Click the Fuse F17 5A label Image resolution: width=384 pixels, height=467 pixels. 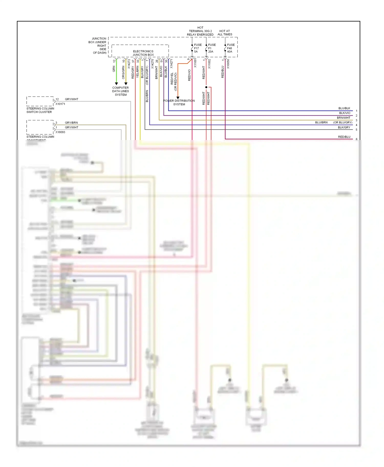click(x=197, y=48)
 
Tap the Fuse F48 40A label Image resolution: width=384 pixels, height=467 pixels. click(x=230, y=48)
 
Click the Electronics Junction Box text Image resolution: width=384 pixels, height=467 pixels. click(x=143, y=53)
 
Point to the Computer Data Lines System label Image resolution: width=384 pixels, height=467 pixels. click(x=120, y=91)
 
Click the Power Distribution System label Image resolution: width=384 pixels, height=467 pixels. click(x=179, y=102)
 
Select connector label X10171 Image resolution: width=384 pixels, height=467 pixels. click(x=60, y=104)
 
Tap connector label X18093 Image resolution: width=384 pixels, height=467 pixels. click(x=60, y=132)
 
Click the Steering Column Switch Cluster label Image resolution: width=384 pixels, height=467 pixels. click(x=40, y=110)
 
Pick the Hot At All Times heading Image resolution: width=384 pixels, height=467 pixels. click(x=225, y=33)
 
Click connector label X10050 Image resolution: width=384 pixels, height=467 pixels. click(x=228, y=64)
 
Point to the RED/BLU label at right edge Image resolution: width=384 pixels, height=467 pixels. click(x=344, y=137)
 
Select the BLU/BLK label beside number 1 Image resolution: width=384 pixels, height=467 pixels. click(x=344, y=108)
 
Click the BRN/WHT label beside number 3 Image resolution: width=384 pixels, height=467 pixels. click(x=344, y=118)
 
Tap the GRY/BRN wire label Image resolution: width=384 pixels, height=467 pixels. click(x=71, y=123)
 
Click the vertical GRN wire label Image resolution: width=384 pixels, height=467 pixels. click(x=114, y=69)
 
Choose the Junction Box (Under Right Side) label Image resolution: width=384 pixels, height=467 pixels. click(x=98, y=45)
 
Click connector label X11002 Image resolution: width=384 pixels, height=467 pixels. click(x=209, y=64)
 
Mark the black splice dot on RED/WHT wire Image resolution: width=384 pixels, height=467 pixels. click(x=206, y=87)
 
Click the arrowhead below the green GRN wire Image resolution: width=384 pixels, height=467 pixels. click(x=116, y=84)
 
